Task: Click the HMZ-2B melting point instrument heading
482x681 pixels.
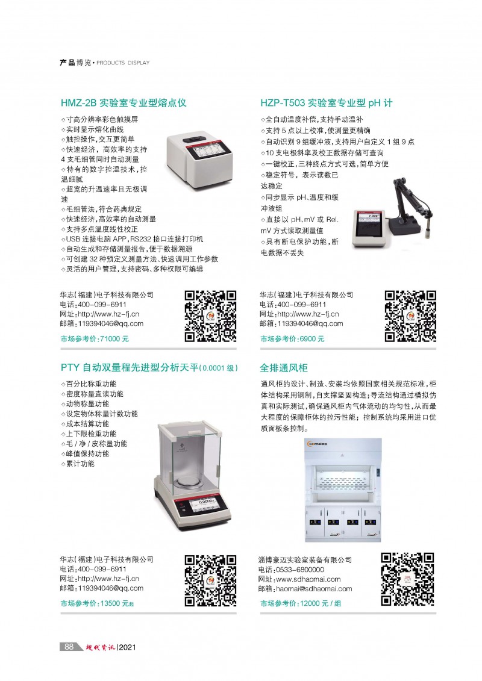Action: pyautogui.click(x=124, y=103)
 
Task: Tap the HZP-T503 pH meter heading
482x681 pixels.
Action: pyautogui.click(x=326, y=103)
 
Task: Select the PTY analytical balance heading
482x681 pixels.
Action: pyautogui.click(x=149, y=367)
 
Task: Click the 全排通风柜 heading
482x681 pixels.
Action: pyautogui.click(x=284, y=368)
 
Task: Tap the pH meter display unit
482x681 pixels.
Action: pyautogui.click(x=369, y=229)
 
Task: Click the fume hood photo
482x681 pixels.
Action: pyautogui.click(x=343, y=490)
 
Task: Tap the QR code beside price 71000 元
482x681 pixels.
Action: pyautogui.click(x=211, y=316)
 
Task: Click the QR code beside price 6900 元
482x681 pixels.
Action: pyautogui.click(x=410, y=316)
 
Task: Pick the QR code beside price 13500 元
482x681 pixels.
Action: pyautogui.click(x=211, y=580)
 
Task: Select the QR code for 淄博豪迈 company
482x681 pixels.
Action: pyautogui.click(x=408, y=579)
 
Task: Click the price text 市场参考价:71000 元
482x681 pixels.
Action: pyautogui.click(x=95, y=339)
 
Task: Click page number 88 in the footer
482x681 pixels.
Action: pyautogui.click(x=69, y=647)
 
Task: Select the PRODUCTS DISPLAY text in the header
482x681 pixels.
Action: pyautogui.click(x=123, y=63)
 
